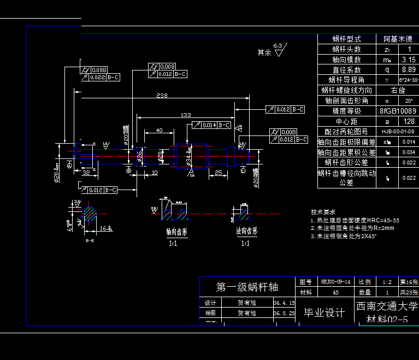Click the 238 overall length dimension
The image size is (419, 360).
[x=162, y=96]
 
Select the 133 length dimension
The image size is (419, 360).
[x=186, y=115]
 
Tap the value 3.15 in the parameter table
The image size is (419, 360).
[x=408, y=60]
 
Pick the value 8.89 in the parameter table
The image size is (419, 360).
[x=408, y=70]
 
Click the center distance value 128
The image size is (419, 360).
[x=408, y=121]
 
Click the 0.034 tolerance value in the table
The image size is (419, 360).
[x=408, y=152]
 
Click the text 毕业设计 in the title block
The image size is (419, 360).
[x=324, y=312]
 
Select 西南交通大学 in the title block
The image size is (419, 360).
[x=387, y=306]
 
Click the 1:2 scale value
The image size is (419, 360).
[x=387, y=282]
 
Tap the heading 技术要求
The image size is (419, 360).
[x=323, y=211]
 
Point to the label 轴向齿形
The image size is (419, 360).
[x=176, y=232]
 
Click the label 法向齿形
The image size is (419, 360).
[x=246, y=231]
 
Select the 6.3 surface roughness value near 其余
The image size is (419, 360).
[x=278, y=45]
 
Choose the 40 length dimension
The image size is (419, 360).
[x=159, y=131]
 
